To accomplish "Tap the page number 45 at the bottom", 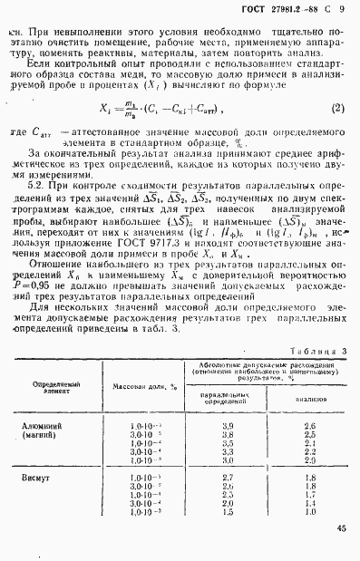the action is tap(340, 528).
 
